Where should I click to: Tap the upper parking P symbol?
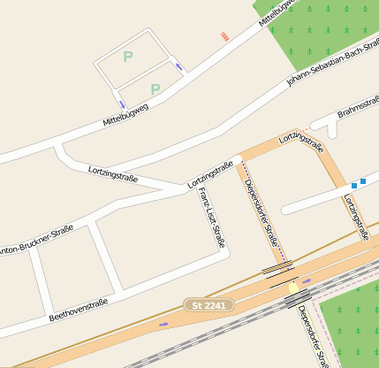pos(128,57)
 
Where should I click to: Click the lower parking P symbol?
pos(155,88)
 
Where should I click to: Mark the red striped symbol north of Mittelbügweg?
pos(224,36)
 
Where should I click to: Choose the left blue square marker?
pos(354,185)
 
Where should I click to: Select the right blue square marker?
pos(363,180)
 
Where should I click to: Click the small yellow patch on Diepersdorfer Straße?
pos(293,288)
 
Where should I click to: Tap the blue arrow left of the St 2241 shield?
pos(163,324)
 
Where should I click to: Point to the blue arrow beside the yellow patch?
pos(307,281)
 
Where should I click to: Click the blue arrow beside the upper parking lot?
pos(179,66)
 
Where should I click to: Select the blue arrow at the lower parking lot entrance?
pos(122,104)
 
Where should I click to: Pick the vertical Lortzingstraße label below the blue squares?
pos(356,218)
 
